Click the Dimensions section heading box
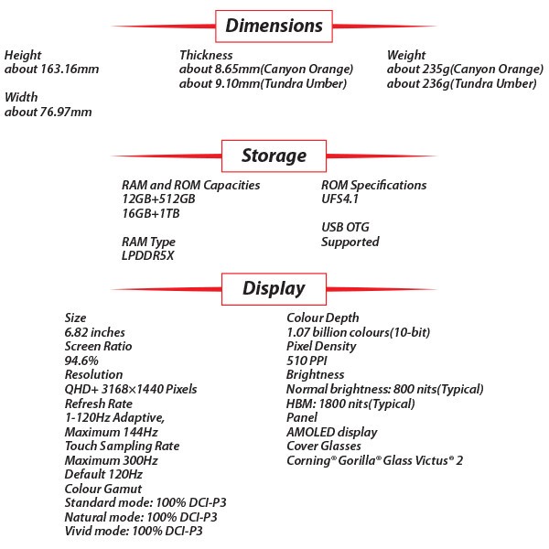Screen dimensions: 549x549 [274, 27]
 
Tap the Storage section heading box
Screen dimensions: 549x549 [274, 156]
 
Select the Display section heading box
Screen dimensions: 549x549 [274, 289]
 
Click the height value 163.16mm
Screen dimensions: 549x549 [52, 69]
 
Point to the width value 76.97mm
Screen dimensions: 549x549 [48, 112]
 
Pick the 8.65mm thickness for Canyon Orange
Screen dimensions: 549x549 [266, 70]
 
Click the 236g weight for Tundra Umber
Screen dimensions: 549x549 [462, 83]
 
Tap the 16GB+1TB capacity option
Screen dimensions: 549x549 [151, 213]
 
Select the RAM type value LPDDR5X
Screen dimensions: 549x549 [147, 255]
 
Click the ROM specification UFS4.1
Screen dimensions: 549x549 [340, 199]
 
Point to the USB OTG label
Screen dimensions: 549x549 [345, 227]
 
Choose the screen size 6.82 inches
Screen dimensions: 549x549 [94, 332]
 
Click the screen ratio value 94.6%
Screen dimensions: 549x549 [81, 361]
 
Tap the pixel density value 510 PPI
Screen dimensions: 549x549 [307, 361]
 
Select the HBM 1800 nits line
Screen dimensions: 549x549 [350, 404]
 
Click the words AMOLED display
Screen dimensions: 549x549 [332, 433]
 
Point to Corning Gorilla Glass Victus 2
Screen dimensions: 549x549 [374, 460]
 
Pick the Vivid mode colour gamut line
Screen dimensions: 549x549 [134, 531]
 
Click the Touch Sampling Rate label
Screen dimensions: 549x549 [122, 447]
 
